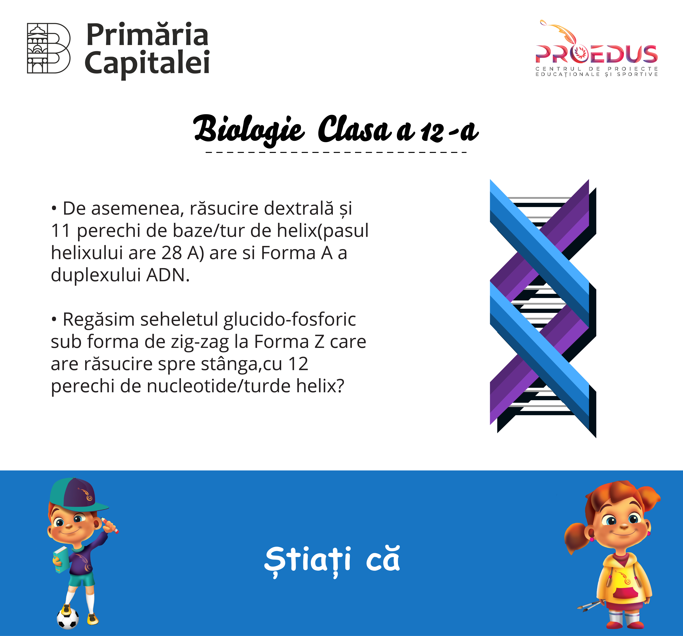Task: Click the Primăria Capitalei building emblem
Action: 49,48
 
